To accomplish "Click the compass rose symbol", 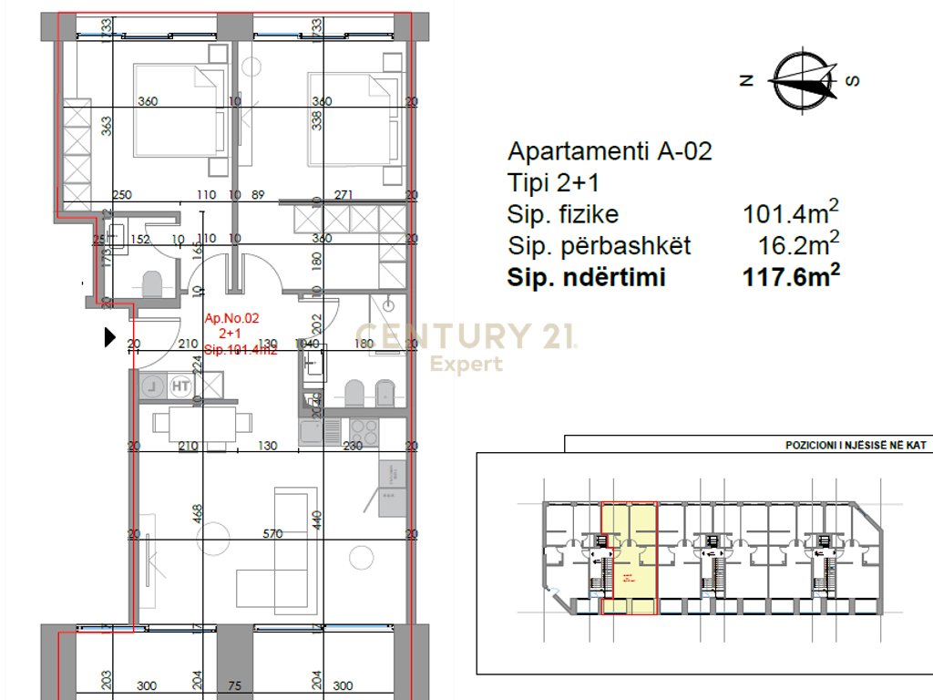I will [x=803, y=79].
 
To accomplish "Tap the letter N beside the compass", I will [x=746, y=80].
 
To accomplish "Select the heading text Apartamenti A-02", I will [x=609, y=151].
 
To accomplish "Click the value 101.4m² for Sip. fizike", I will [x=790, y=214].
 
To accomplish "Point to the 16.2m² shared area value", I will [x=798, y=245].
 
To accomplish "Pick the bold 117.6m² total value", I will [x=790, y=277].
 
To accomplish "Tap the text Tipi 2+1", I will [x=552, y=183].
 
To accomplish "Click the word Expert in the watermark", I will [x=466, y=365].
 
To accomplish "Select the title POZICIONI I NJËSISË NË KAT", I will [x=856, y=446].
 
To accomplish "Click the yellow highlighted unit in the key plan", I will [x=631, y=558].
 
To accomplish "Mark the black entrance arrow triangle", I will [x=110, y=337].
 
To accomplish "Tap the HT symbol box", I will [x=180, y=386].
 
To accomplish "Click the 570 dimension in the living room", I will [x=273, y=534].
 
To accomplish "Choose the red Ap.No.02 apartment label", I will [x=232, y=319].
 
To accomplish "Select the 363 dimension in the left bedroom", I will [x=106, y=125].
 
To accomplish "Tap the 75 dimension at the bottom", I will [x=234, y=685].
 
